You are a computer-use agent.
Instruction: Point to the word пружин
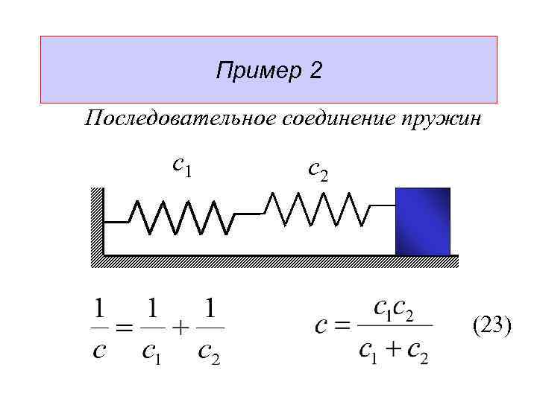442,120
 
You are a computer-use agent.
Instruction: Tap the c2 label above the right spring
318,170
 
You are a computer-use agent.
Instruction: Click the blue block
423,221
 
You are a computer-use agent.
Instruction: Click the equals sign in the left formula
125,329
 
